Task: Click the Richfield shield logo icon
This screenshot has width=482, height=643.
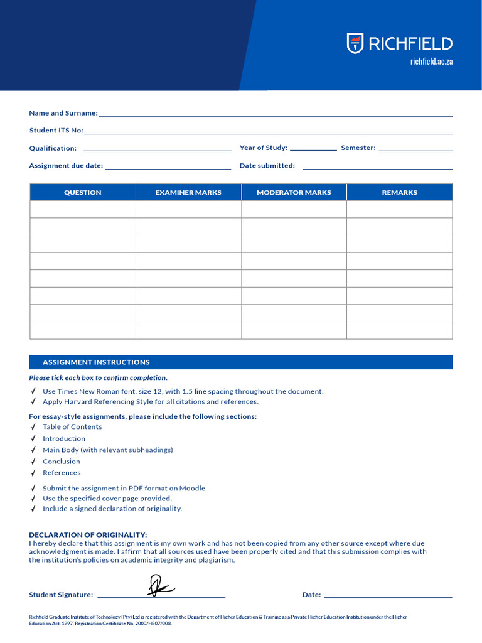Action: pyautogui.click(x=355, y=43)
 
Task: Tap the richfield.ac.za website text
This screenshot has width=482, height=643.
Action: pyautogui.click(x=431, y=62)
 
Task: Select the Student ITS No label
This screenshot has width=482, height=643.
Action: pyautogui.click(x=56, y=131)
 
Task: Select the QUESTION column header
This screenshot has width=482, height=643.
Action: pyautogui.click(x=83, y=193)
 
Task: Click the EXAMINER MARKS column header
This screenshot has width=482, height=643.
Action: pyautogui.click(x=188, y=193)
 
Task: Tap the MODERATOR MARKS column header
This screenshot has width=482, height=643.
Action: pyautogui.click(x=294, y=193)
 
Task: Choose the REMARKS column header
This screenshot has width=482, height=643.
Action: pyautogui.click(x=399, y=193)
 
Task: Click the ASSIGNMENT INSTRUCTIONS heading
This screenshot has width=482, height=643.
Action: pyautogui.click(x=96, y=362)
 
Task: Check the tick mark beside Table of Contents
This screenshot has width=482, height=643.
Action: pyautogui.click(x=33, y=427)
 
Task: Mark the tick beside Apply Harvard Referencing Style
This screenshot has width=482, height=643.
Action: pyautogui.click(x=33, y=402)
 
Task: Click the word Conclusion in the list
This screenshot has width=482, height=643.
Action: pyautogui.click(x=62, y=462)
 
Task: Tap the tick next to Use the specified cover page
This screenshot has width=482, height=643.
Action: pyautogui.click(x=33, y=499)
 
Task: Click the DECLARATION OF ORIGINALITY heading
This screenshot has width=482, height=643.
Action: pyautogui.click(x=88, y=535)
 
